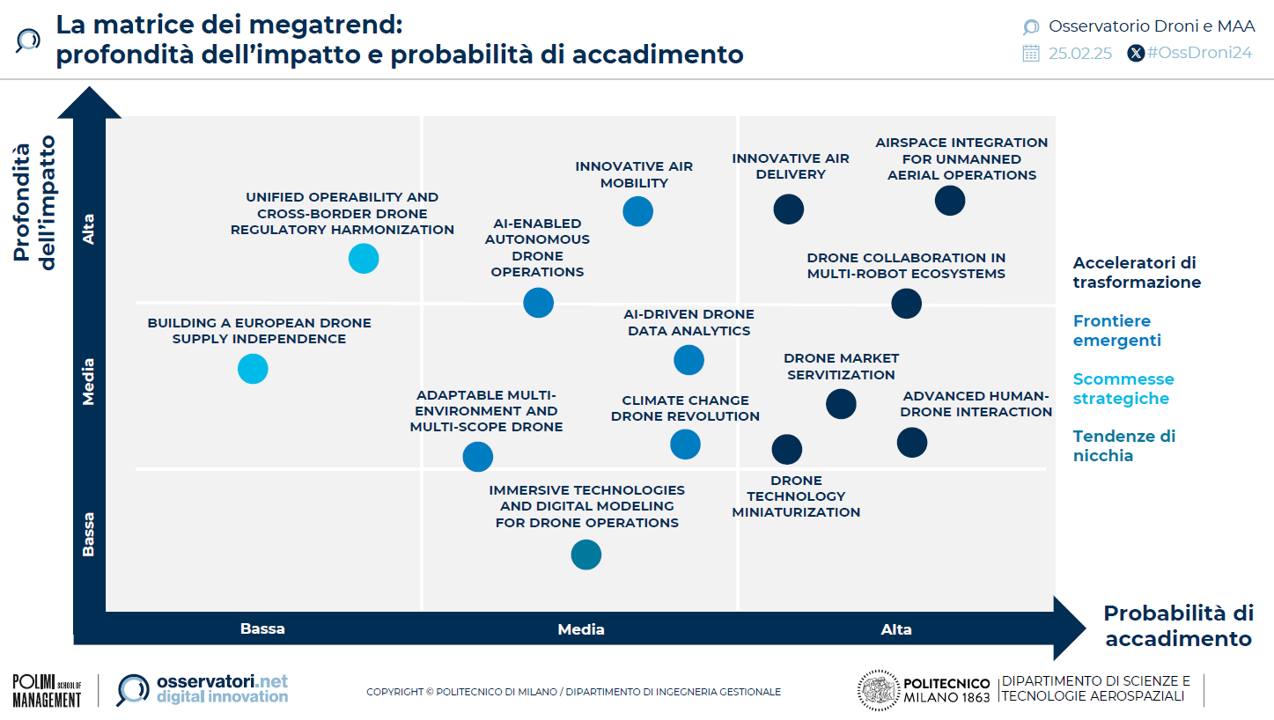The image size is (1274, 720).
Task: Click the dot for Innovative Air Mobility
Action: (637, 211)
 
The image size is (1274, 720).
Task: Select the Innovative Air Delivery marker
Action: (788, 209)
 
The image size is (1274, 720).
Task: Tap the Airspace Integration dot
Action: (950, 201)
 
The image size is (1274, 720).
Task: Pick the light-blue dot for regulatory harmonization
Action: (364, 259)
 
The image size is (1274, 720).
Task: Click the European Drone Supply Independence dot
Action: (253, 369)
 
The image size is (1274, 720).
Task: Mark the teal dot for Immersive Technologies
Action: (585, 555)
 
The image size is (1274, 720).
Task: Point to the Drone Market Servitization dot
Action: (841, 404)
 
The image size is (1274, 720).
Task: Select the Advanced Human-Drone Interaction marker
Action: (912, 443)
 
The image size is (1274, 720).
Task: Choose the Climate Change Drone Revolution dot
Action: (685, 444)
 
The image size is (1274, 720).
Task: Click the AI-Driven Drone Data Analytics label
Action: (689, 322)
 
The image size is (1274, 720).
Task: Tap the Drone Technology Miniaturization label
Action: (796, 496)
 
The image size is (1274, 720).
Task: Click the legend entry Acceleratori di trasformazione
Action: (1137, 272)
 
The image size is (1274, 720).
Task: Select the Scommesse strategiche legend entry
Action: (1123, 388)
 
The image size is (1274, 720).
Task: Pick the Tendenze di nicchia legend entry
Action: (1123, 446)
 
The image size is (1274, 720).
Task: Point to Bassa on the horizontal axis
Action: (262, 628)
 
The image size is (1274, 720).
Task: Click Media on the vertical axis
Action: (88, 382)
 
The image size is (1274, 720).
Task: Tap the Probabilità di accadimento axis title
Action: (1178, 626)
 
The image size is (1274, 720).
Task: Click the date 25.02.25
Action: (1080, 54)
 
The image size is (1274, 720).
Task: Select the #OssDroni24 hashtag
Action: (1199, 53)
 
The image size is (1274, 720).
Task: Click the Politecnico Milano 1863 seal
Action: (878, 690)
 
